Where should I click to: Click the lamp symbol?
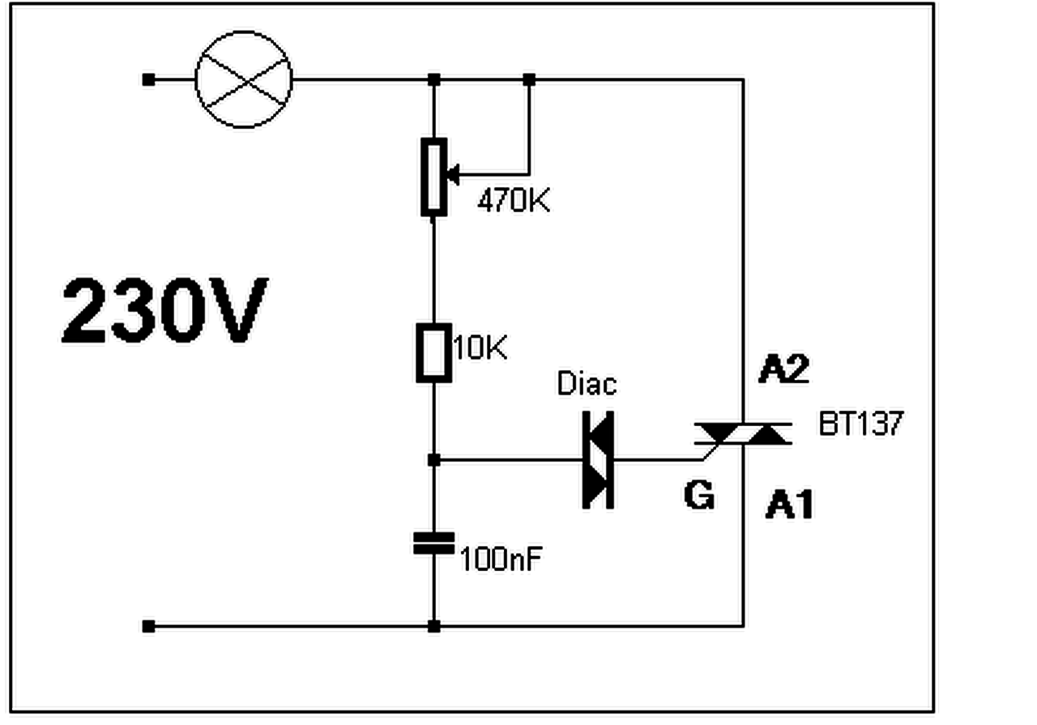tap(243, 79)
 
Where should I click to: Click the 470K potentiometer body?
tap(434, 177)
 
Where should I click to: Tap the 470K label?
tap(513, 199)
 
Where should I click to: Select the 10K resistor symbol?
tap(434, 352)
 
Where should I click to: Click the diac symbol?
tap(599, 459)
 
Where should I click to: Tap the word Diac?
tap(587, 383)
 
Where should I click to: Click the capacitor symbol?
tap(434, 544)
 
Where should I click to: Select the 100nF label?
tap(500, 558)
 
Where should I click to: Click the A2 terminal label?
tap(784, 370)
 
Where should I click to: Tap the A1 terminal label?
tap(789, 506)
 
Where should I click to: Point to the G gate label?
tap(699, 495)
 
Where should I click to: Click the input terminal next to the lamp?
tap(148, 79)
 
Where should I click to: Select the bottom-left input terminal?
tap(148, 626)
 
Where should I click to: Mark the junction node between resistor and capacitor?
tap(434, 460)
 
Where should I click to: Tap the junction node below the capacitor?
tap(434, 626)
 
